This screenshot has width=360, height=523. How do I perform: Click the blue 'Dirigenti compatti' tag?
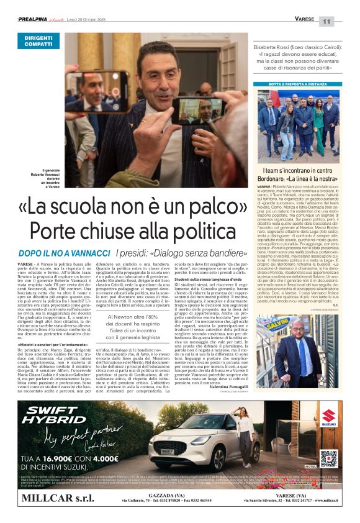(38, 41)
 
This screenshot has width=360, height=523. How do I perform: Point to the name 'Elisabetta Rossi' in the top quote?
(273, 45)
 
